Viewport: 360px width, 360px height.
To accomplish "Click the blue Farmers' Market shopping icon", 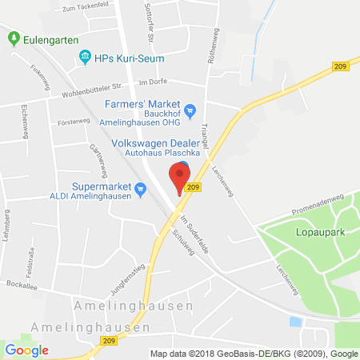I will (x=190, y=110).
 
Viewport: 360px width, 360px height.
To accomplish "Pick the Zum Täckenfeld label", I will (x=80, y=8).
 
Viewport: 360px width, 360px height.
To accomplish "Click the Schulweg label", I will (x=184, y=240).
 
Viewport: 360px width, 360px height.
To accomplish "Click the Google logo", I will (x=27, y=350).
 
